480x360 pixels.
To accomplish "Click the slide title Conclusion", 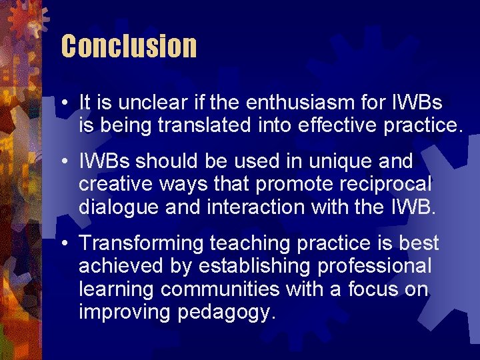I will tap(129, 46).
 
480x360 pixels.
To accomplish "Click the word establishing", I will tap(247, 265).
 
